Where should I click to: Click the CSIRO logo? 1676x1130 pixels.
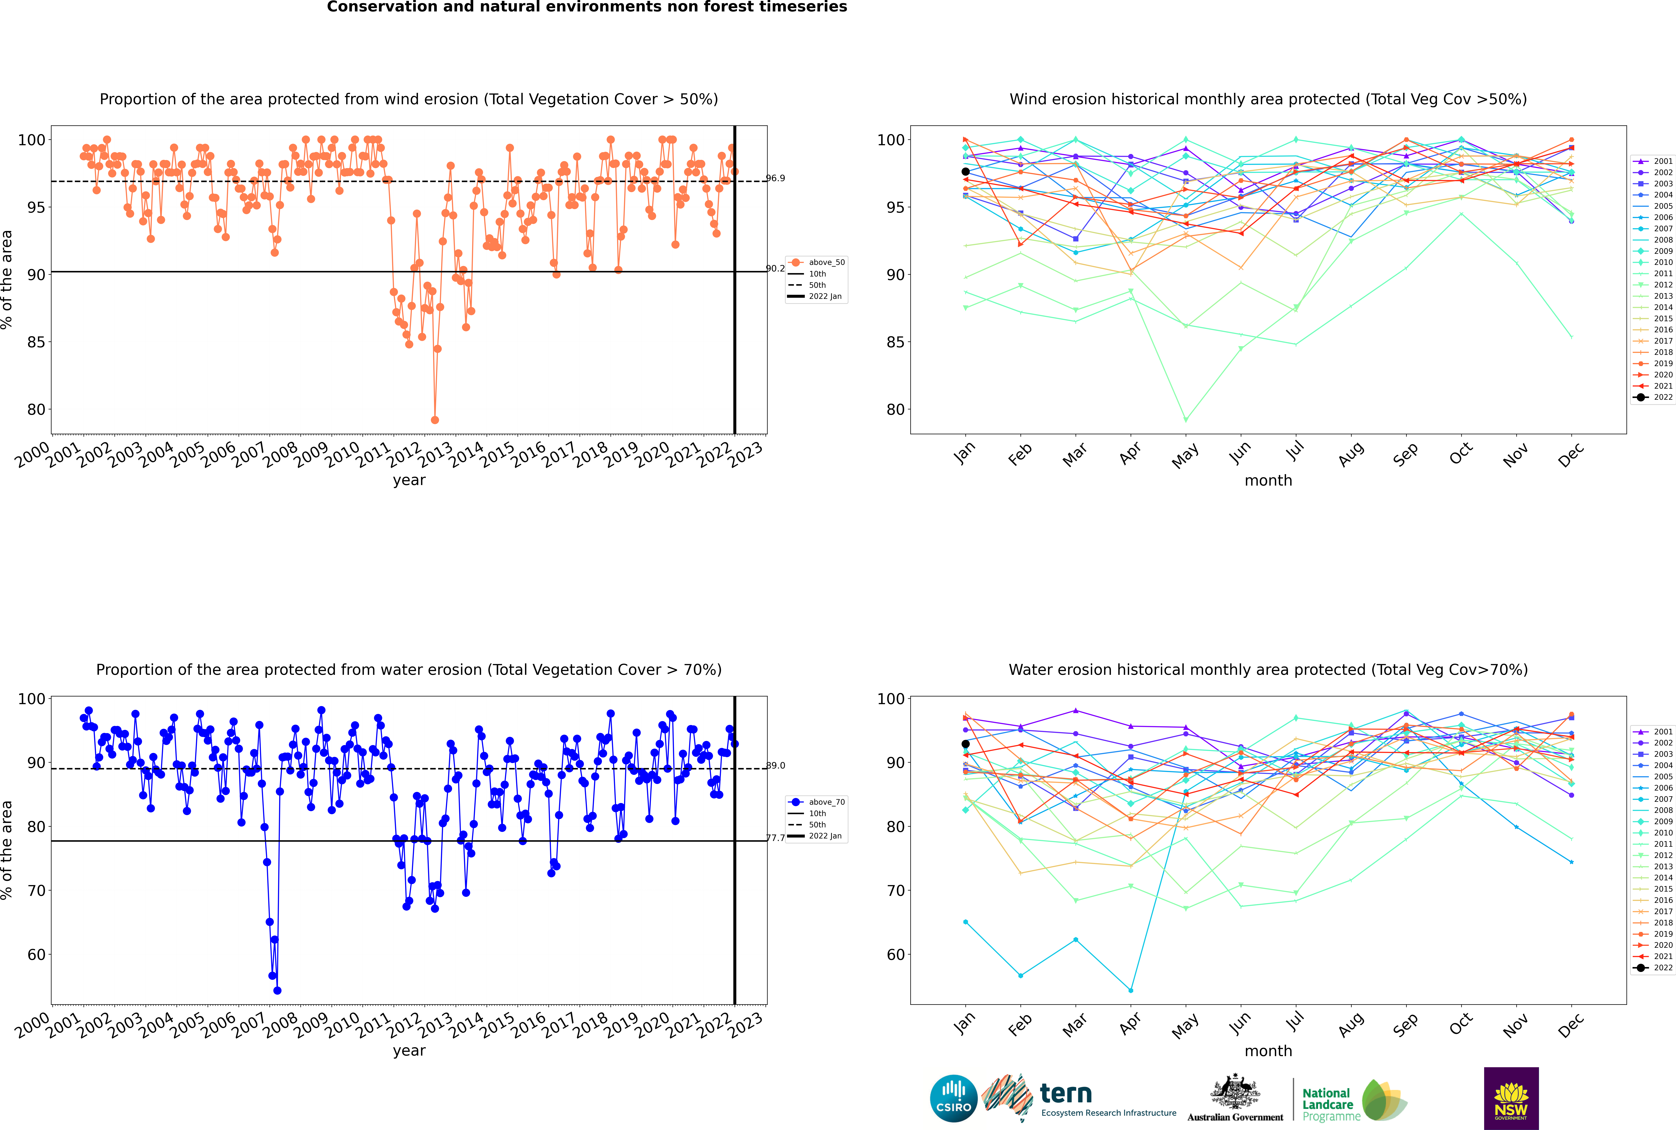point(953,1098)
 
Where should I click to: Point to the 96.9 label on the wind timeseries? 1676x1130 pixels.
point(775,178)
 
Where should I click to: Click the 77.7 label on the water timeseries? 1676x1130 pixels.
point(775,838)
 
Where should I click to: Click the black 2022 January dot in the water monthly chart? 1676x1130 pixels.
point(966,744)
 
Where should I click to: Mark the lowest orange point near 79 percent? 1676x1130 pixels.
point(435,420)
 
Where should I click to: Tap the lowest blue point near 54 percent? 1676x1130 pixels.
point(277,991)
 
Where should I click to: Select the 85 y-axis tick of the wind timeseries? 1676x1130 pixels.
point(36,342)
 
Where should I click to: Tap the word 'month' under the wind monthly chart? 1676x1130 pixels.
point(1268,481)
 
